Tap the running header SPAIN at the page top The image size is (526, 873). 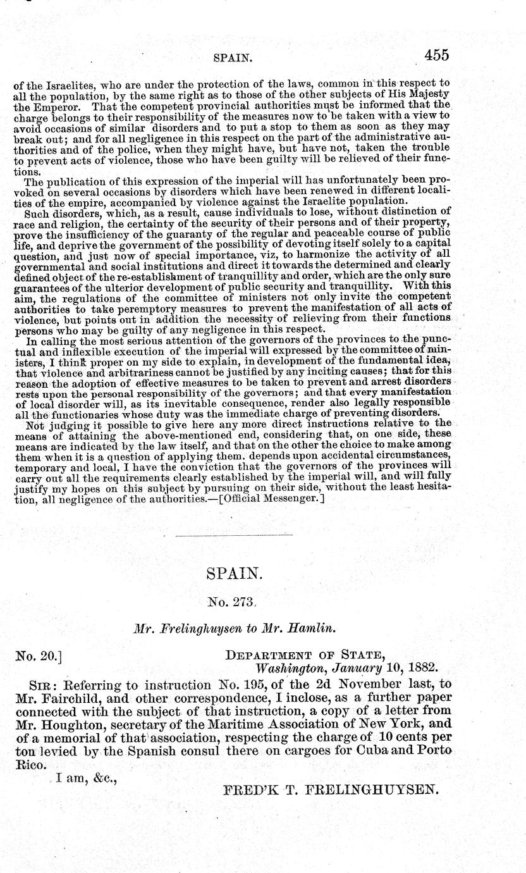pos(234,58)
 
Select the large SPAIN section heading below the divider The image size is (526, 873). pos(234,574)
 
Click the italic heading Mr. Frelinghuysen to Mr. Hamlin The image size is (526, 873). pos(233,631)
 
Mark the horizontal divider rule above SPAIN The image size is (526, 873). pos(233,536)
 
